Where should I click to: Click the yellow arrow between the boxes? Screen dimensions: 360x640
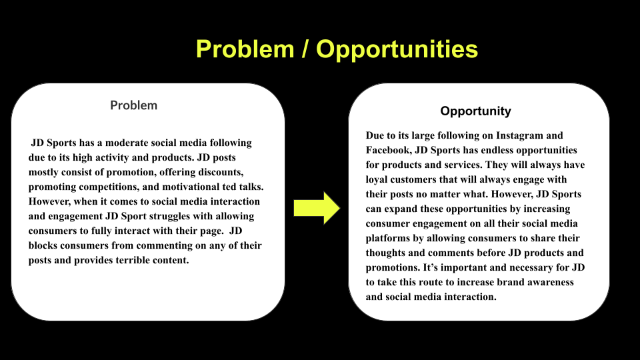[x=317, y=207]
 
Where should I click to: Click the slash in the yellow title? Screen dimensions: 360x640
[x=306, y=49]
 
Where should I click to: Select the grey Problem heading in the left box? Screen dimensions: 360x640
[x=134, y=105]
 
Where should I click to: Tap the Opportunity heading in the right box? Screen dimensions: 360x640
[x=475, y=111]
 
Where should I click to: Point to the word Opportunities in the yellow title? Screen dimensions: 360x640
[x=397, y=49]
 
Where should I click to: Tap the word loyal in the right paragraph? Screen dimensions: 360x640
[x=378, y=179]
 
